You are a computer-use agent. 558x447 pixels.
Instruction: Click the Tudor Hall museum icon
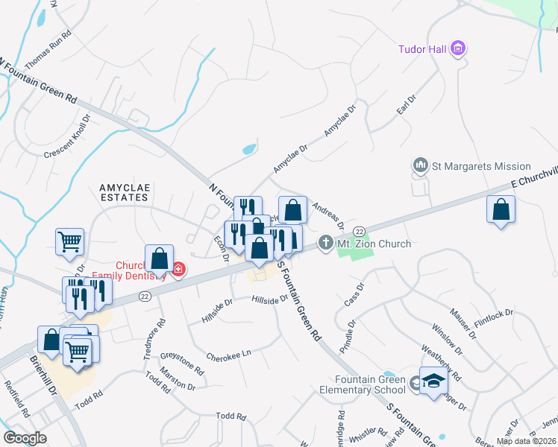(459, 50)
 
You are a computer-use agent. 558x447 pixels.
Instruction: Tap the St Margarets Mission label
(482, 166)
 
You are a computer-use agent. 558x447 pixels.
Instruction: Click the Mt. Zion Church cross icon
(325, 243)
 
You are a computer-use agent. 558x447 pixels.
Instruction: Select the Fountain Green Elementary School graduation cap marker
(433, 381)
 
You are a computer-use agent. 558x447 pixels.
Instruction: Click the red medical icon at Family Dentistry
(178, 269)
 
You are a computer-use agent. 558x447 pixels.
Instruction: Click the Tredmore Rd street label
(148, 343)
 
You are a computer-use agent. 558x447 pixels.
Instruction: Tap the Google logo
(25, 437)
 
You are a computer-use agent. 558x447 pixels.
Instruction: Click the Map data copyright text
(526, 441)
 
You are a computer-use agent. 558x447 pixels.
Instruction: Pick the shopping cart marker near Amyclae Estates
(69, 241)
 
